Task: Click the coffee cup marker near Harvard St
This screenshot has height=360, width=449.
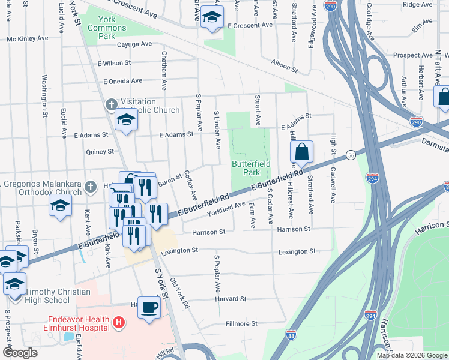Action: click(149, 308)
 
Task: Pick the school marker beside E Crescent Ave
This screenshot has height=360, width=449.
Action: click(211, 17)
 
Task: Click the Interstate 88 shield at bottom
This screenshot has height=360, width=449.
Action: click(291, 334)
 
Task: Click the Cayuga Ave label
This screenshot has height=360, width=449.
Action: click(134, 44)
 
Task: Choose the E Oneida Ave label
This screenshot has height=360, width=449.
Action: click(122, 81)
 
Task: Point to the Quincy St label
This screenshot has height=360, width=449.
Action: click(100, 152)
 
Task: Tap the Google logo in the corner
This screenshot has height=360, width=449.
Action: click(20, 353)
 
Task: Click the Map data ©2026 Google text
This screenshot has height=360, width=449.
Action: click(411, 355)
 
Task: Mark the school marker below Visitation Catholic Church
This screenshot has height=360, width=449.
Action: click(126, 121)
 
